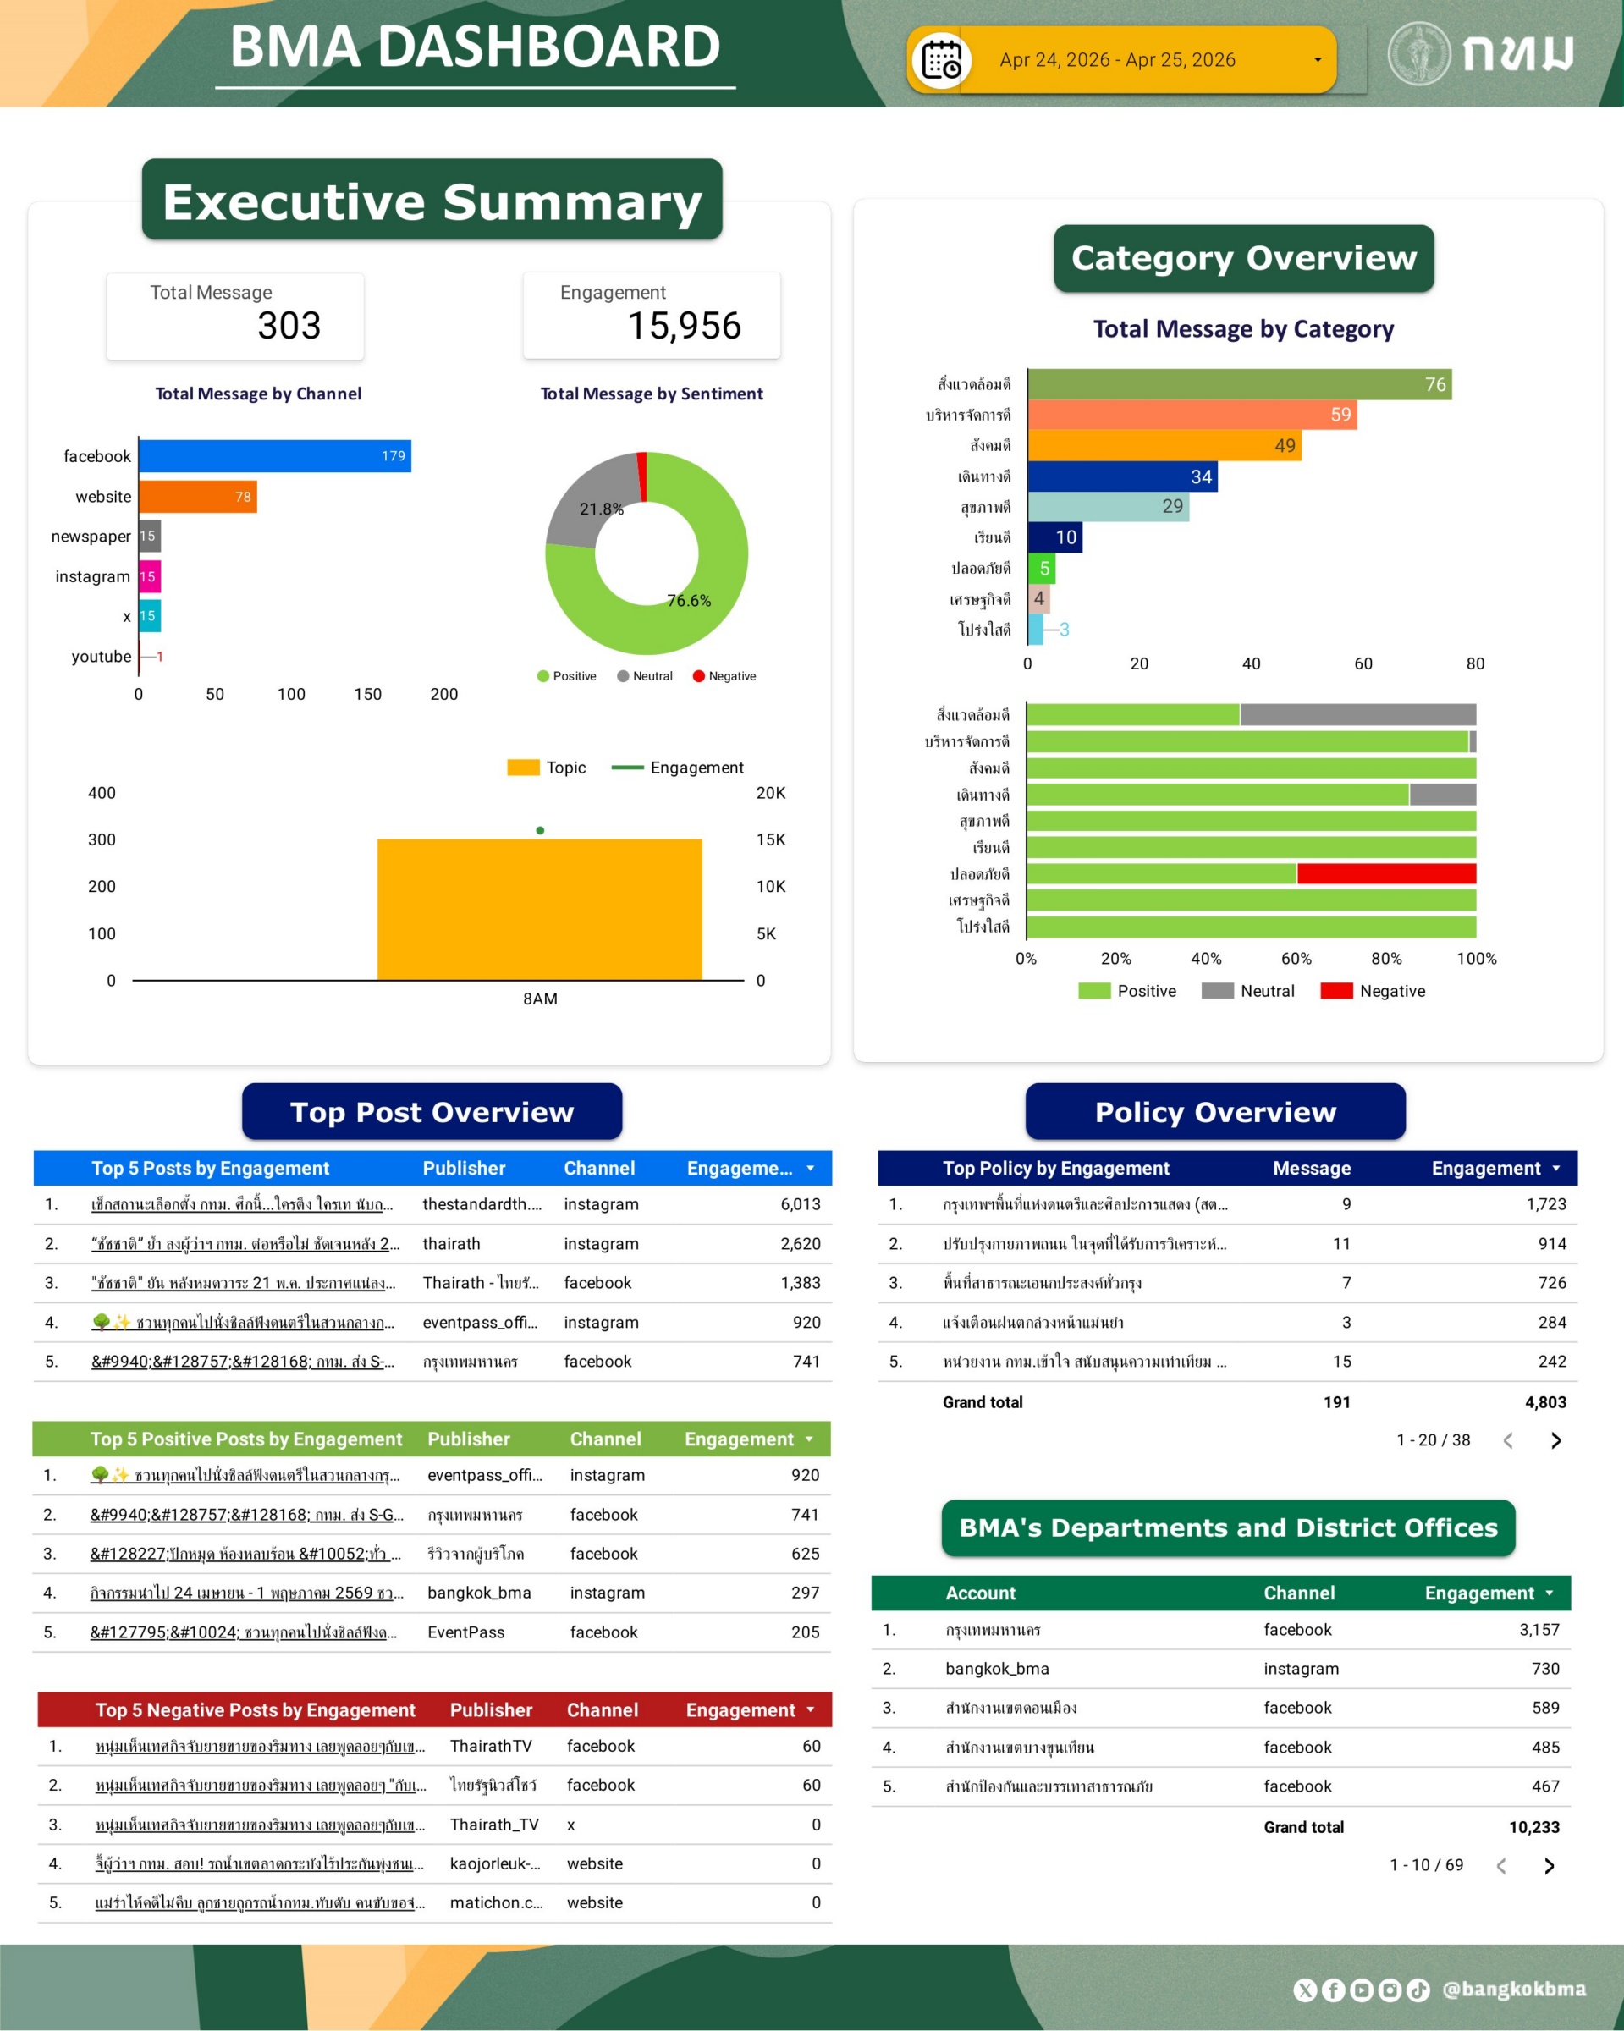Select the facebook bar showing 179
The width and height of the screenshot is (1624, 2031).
[x=273, y=456]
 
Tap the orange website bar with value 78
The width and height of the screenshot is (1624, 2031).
[x=197, y=497]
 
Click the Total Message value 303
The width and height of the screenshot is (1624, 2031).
[x=289, y=326]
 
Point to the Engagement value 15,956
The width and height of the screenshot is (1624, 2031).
[x=684, y=326]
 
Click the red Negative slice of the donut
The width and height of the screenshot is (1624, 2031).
[x=642, y=476]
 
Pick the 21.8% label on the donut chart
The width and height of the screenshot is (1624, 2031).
[x=601, y=509]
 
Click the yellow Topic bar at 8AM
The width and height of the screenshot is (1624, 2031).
[x=540, y=909]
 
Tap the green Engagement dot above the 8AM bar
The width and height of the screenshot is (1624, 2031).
[x=540, y=831]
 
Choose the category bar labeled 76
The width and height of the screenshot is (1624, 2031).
[x=1239, y=384]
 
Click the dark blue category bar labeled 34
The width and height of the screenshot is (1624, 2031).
[x=1122, y=476]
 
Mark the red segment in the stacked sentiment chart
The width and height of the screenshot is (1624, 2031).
[x=1385, y=874]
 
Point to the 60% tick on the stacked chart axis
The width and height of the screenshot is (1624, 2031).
[x=1296, y=959]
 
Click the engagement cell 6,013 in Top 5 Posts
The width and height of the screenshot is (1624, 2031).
[x=800, y=1204]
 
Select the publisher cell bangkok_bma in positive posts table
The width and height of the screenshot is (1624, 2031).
[x=478, y=1593]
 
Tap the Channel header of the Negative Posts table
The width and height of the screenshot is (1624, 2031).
[x=602, y=1709]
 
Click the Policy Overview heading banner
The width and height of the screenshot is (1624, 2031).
[x=1215, y=1112]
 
